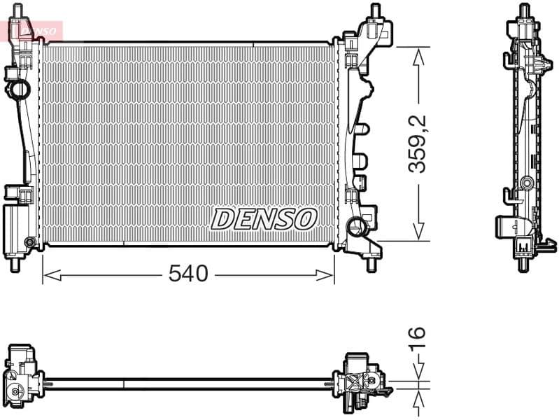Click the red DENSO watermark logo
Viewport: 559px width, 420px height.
tap(35, 30)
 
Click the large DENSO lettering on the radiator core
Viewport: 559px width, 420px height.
tap(264, 219)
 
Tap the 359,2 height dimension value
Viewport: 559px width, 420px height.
tap(418, 144)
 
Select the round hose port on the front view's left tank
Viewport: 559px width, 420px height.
tap(17, 90)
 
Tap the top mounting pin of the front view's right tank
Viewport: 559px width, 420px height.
tap(375, 11)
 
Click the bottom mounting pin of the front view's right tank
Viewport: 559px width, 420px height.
tap(371, 265)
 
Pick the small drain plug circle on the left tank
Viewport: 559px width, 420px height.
tap(29, 243)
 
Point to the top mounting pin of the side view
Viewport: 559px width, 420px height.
tap(524, 10)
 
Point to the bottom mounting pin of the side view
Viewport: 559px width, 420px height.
tap(523, 265)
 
